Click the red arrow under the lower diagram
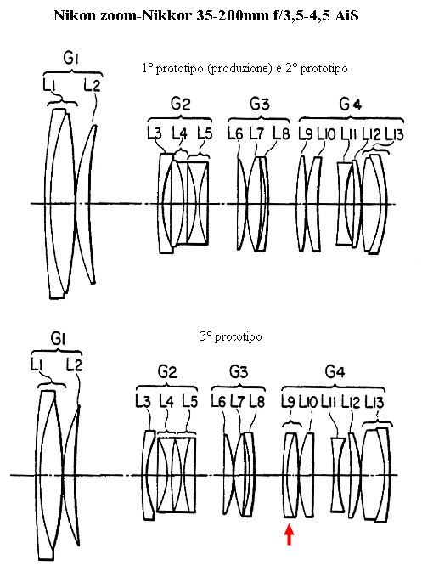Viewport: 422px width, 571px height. (290, 534)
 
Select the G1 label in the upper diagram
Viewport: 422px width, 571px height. (71, 59)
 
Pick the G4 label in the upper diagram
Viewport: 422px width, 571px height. (351, 105)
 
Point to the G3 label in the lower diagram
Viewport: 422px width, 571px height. (239, 372)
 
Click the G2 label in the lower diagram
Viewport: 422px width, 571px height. (167, 372)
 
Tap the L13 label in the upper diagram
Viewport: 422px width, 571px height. (394, 135)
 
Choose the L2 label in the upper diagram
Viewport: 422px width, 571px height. (92, 85)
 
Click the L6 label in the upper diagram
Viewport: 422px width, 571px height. (235, 133)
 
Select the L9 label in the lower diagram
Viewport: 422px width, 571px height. (288, 402)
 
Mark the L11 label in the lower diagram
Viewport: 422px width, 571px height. (328, 402)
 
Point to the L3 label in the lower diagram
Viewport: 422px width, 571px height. (143, 401)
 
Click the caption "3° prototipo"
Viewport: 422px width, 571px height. (231, 336)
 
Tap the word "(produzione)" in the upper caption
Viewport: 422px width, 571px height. (239, 69)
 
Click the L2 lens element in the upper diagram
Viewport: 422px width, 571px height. (87, 204)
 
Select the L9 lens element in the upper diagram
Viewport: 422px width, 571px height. (301, 204)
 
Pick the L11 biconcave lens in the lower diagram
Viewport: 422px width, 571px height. (338, 475)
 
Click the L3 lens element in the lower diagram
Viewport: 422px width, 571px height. (149, 475)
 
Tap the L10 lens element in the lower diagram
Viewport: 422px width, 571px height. (307, 475)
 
